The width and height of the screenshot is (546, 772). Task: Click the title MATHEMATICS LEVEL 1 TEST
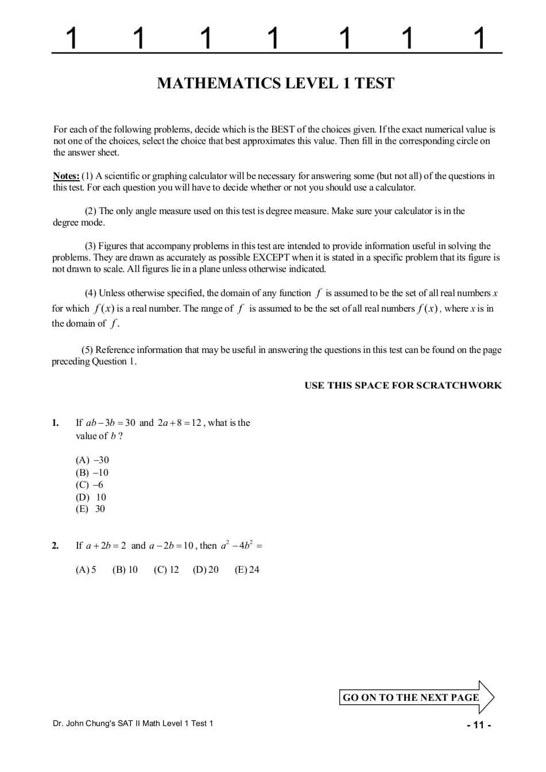coord(276,83)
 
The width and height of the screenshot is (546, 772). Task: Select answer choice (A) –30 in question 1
coord(92,460)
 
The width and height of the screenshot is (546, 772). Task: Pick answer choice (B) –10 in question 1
coord(92,472)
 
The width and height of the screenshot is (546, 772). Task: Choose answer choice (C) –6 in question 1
coord(90,484)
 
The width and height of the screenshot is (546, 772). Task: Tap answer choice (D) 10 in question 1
coord(91,497)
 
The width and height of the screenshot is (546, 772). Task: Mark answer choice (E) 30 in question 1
coord(90,509)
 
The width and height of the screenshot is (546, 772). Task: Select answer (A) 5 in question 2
coord(86,569)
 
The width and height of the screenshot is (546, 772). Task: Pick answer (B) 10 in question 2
coord(125,569)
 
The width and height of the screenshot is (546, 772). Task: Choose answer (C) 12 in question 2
coord(166,569)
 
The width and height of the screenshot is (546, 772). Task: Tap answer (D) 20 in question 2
coord(206,569)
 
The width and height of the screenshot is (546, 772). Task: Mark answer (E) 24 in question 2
coord(247,569)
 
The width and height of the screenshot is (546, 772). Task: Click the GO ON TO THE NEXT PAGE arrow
coord(416,697)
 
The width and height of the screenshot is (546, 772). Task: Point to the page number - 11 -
coord(479,725)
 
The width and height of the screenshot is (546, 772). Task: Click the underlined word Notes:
coord(66,176)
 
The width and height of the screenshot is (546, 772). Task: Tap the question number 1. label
coord(55,423)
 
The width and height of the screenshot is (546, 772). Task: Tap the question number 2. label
coord(55,546)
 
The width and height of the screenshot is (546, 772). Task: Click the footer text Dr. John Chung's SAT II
coord(133,723)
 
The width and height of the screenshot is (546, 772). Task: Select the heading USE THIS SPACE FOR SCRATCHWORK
coord(403,385)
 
